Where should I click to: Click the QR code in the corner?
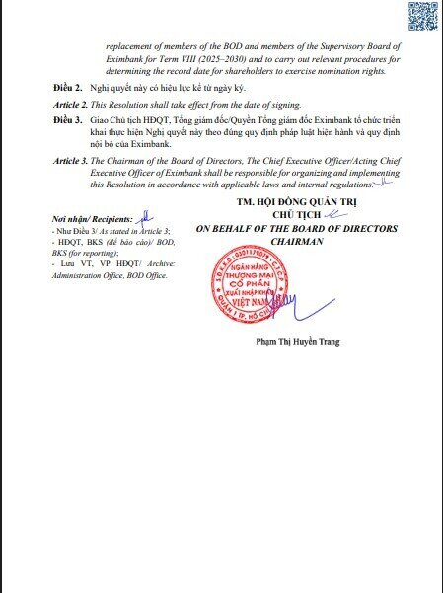pyautogui.click(x=421, y=19)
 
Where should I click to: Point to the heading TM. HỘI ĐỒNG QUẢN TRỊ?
pyautogui.click(x=296, y=201)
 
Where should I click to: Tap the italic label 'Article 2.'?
pyautogui.click(x=71, y=104)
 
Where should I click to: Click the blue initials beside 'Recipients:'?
pyautogui.click(x=144, y=216)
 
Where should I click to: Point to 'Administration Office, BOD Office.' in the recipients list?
pyautogui.click(x=109, y=276)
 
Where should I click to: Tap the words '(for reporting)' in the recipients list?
pyautogui.click(x=90, y=254)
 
